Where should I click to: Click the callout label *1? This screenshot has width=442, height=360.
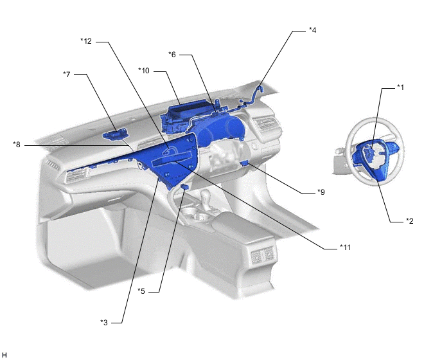pos(401,87)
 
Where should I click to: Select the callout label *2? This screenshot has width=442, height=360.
pos(410,221)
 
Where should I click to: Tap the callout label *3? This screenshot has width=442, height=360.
pos(104,322)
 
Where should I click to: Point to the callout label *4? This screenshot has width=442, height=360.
pos(313,30)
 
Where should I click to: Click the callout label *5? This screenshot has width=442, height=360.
pos(141,291)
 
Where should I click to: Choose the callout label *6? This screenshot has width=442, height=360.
pos(172,55)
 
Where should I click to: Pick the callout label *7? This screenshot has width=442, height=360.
pos(67,74)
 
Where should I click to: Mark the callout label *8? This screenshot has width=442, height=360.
pos(17,145)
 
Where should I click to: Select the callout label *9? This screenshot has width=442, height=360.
pos(321,192)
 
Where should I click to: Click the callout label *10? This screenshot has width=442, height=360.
pos(144,71)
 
